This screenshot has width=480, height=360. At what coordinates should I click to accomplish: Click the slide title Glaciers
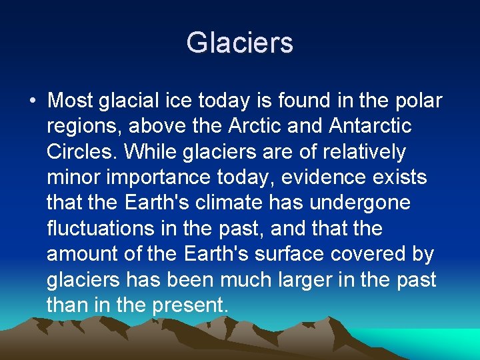[x=239, y=43]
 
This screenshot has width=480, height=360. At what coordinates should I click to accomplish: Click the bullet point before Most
[x=33, y=101]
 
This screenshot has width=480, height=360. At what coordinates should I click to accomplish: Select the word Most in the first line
[x=71, y=101]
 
